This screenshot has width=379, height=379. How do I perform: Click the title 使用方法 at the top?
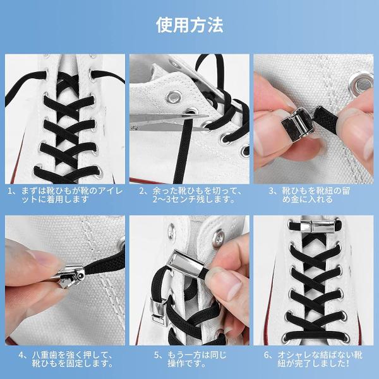(x=189, y=25)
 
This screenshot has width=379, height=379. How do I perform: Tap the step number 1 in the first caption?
(x=9, y=191)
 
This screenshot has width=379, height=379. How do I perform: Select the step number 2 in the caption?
(x=141, y=191)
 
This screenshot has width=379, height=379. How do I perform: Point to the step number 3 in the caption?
(x=271, y=191)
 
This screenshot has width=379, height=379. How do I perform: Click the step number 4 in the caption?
(x=21, y=355)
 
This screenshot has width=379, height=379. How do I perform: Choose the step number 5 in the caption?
(x=157, y=355)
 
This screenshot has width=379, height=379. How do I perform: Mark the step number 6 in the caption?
(x=267, y=355)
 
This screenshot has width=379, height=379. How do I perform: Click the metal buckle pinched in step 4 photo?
(x=68, y=276)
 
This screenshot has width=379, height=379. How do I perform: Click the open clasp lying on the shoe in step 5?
(x=159, y=313)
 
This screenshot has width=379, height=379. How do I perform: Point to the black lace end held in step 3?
(x=327, y=120)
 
